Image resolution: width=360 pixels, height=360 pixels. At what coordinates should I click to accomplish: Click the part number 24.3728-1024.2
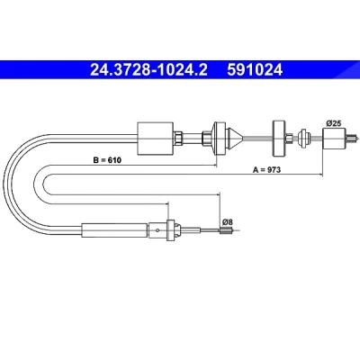(x=148, y=70)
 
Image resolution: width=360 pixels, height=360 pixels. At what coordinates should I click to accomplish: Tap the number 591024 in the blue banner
(x=255, y=70)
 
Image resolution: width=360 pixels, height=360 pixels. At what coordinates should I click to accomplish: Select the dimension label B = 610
(x=107, y=160)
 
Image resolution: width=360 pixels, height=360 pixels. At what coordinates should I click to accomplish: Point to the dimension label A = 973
(x=266, y=170)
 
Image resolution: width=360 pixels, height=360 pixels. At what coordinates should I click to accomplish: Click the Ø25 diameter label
(x=333, y=123)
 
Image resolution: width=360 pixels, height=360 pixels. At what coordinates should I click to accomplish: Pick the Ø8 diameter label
(x=228, y=222)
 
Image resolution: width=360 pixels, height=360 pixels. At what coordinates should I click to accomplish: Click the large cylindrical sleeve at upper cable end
(x=155, y=139)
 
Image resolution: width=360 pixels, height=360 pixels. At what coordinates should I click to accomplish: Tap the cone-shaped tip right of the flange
(x=235, y=139)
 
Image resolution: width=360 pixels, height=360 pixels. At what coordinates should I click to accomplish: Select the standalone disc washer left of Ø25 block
(x=279, y=139)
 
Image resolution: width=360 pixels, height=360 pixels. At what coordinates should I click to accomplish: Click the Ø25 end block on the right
(x=334, y=138)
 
